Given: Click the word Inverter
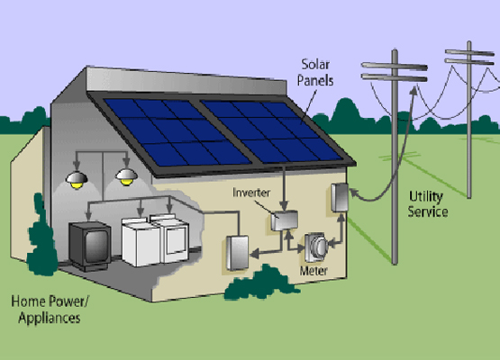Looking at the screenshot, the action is (x=251, y=193).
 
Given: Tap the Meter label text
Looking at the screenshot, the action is (x=314, y=271).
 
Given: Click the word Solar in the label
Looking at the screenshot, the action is (x=315, y=65).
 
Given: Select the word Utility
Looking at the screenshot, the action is (x=426, y=197).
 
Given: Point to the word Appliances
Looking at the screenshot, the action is (x=50, y=319).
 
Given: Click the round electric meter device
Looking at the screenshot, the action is (x=316, y=247).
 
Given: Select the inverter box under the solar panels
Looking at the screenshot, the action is (x=285, y=220).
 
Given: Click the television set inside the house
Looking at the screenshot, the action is (x=90, y=245).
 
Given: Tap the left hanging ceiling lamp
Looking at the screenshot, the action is (x=77, y=180).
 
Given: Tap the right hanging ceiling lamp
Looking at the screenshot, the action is (x=127, y=177).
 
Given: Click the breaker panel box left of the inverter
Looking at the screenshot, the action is (x=237, y=253).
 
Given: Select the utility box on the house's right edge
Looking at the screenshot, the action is (x=340, y=197).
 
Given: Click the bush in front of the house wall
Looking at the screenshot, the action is (x=261, y=284).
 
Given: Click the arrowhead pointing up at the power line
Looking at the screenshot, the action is (x=414, y=90).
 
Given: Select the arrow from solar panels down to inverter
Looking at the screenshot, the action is (x=284, y=188).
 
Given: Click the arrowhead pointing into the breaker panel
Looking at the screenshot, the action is (x=254, y=254).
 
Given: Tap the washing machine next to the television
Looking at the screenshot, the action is (x=140, y=242).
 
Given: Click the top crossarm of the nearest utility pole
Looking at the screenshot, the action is (x=394, y=67).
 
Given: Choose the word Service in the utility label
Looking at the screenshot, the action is (x=428, y=211).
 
